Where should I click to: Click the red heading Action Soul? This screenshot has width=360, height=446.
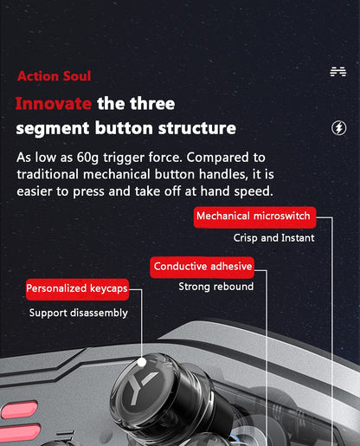[54, 76]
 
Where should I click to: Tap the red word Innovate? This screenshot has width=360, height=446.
[54, 103]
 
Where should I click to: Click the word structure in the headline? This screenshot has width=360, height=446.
[197, 128]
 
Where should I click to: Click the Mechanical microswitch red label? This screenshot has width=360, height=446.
[254, 217]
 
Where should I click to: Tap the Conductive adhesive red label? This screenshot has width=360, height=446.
[202, 268]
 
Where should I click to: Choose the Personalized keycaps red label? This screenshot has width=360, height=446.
[77, 289]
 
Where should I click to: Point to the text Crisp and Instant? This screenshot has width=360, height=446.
[273, 238]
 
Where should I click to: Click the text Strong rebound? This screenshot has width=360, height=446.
[216, 287]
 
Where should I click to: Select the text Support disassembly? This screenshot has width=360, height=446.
[79, 313]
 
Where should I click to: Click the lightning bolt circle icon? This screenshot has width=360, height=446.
[338, 128]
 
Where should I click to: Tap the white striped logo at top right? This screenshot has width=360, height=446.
[338, 72]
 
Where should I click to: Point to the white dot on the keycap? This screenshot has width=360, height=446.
[142, 362]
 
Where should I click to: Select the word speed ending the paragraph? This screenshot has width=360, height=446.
[254, 191]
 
